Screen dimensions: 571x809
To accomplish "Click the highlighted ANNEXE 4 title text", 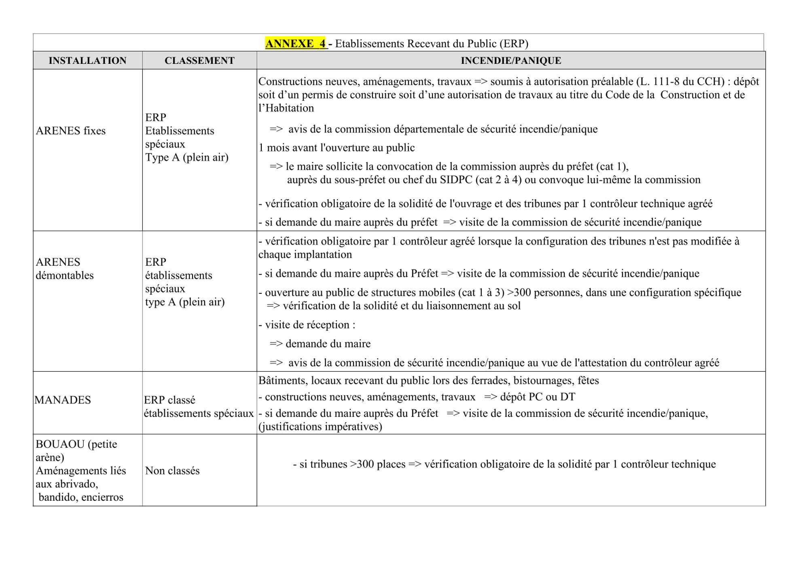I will tap(296, 44).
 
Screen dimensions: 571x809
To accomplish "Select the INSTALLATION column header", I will tap(87, 61).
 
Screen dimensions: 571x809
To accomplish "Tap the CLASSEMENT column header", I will tap(199, 61).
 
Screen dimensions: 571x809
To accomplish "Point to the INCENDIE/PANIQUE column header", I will tap(511, 61).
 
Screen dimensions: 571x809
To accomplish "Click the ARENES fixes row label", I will tap(70, 131).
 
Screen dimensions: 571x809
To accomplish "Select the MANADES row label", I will tap(63, 400).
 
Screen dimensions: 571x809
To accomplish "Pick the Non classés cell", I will tap(172, 471).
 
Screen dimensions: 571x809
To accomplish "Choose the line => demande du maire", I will tap(320, 344).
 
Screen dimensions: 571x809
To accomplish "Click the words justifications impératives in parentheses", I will tap(320, 427).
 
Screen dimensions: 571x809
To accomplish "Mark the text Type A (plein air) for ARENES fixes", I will tap(186, 157).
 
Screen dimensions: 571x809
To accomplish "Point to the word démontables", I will tap(65, 276).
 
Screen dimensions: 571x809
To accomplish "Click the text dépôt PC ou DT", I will tap(538, 397).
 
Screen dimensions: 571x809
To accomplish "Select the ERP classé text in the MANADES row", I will tap(169, 400).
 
